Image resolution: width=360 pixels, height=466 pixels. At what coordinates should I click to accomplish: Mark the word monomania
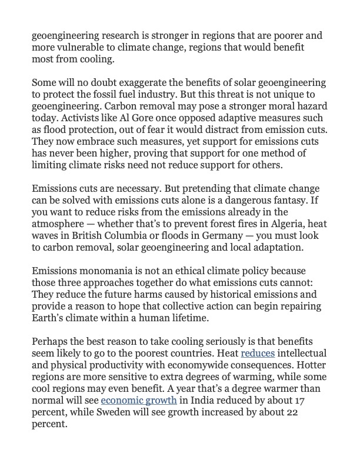point(102,282)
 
